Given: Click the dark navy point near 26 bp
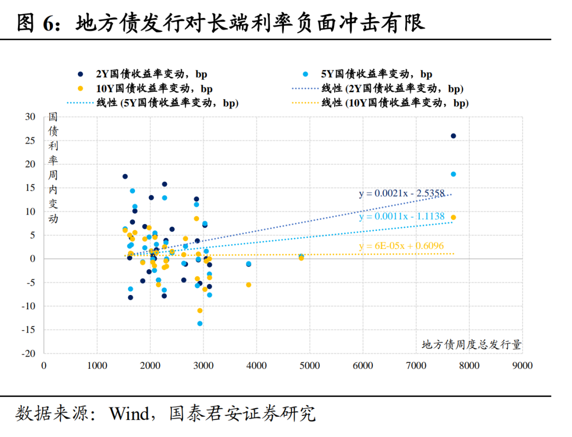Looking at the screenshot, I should [x=453, y=136].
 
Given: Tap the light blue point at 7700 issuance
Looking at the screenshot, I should [x=453, y=174].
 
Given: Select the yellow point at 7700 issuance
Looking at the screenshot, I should [x=453, y=217].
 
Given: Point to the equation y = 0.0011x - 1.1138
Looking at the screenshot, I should [x=401, y=217].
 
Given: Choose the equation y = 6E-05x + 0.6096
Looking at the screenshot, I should [x=401, y=246].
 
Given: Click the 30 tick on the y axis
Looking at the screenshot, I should [x=30, y=117].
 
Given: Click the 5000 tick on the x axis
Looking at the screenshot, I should [x=310, y=365].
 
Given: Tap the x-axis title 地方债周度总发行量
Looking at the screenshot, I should [x=471, y=345].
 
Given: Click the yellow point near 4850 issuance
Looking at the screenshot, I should [x=301, y=258].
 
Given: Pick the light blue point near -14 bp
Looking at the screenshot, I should [x=200, y=324].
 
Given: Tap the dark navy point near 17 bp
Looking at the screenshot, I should [x=125, y=176].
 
